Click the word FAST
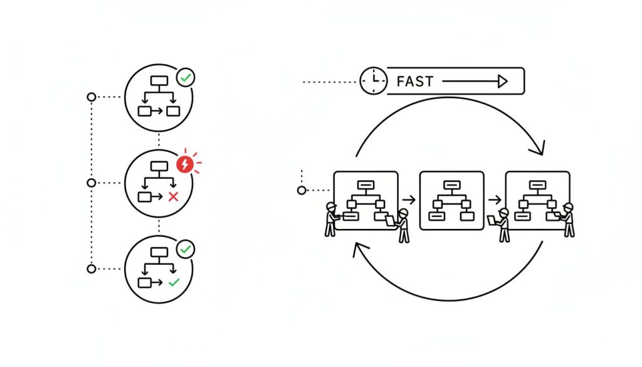(x=415, y=82)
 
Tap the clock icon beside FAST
(x=373, y=82)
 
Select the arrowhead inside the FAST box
(x=501, y=81)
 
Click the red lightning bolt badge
(x=185, y=164)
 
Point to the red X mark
(x=174, y=197)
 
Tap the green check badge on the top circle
(x=186, y=78)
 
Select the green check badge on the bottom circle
(x=186, y=249)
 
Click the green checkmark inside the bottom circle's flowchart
(x=174, y=283)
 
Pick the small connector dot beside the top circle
(x=92, y=97)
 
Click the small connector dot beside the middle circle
(x=92, y=183)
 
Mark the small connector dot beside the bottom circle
(x=92, y=269)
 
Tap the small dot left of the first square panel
(x=302, y=190)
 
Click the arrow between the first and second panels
(x=409, y=200)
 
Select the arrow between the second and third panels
(x=495, y=200)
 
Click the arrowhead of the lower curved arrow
(x=360, y=250)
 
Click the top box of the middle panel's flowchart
(x=451, y=185)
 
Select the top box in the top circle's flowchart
(x=159, y=81)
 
